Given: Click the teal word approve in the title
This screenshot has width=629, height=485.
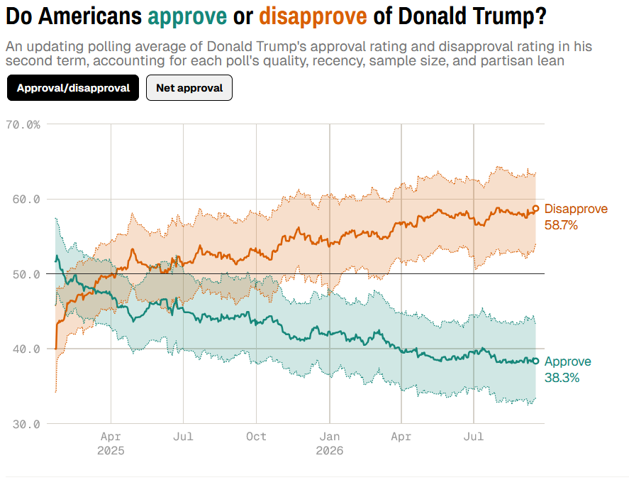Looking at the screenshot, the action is (187, 17).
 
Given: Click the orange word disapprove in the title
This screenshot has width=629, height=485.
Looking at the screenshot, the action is (313, 16).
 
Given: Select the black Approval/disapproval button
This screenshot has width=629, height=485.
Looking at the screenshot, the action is (73, 87).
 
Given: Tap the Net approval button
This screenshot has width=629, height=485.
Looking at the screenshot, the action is (189, 87).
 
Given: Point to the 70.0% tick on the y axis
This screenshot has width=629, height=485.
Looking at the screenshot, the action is (23, 124).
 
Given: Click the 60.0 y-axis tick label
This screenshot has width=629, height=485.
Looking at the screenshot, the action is (26, 200).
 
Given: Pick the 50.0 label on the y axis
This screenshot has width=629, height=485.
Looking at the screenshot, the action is (26, 274).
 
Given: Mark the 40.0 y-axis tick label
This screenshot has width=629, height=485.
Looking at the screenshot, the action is (26, 349).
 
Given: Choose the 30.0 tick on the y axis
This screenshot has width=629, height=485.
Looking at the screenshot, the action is (26, 424).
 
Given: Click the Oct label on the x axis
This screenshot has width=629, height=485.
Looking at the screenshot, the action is (256, 437).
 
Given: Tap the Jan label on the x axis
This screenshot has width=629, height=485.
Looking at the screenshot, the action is (329, 437).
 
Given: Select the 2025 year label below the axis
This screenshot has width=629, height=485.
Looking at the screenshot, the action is (111, 450).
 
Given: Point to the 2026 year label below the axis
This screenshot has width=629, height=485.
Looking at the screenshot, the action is (329, 450).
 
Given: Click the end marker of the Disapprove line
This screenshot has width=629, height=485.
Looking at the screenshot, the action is (535, 208).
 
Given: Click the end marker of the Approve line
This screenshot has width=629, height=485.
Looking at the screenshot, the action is (535, 361).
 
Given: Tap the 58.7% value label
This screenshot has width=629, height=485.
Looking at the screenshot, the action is (561, 225).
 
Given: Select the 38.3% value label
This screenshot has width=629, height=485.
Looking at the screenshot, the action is (562, 378).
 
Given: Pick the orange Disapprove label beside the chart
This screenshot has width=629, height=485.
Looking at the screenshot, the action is (576, 209).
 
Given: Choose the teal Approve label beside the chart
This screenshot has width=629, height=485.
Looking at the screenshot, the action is (567, 362).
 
